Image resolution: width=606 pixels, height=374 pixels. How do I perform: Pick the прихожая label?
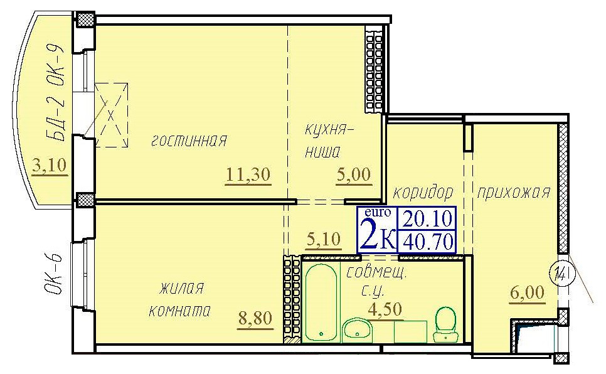point(513,193)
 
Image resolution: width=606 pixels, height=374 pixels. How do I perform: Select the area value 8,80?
point(255,318)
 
